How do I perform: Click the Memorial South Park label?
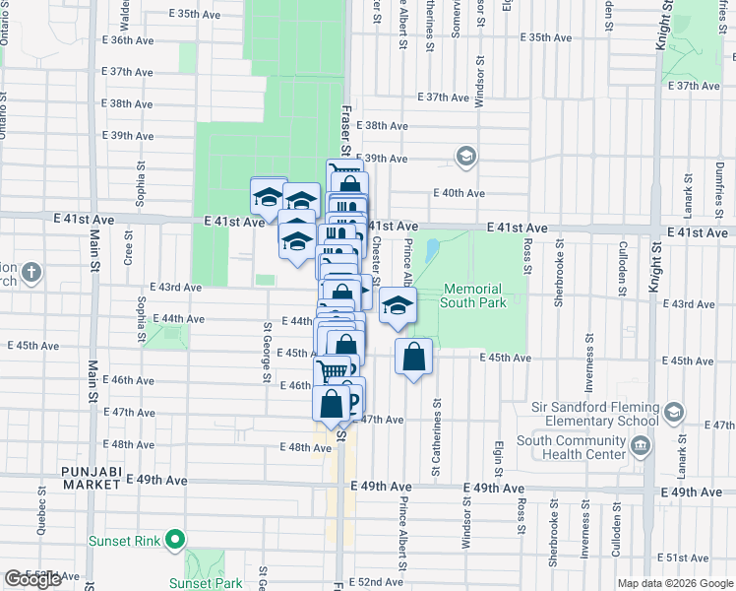[x=474, y=295]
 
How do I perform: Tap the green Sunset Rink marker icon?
[x=175, y=540]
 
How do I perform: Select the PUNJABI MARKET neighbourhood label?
[x=92, y=472]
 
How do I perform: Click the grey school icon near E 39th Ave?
[x=465, y=157]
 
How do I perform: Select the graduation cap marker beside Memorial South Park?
[x=398, y=306]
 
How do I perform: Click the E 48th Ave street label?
[x=305, y=447]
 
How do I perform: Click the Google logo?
[x=32, y=579]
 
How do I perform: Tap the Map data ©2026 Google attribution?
[x=675, y=583]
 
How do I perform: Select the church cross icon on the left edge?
[x=31, y=271]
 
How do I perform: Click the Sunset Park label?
[x=206, y=583]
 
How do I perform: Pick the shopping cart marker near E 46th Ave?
[x=333, y=372]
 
